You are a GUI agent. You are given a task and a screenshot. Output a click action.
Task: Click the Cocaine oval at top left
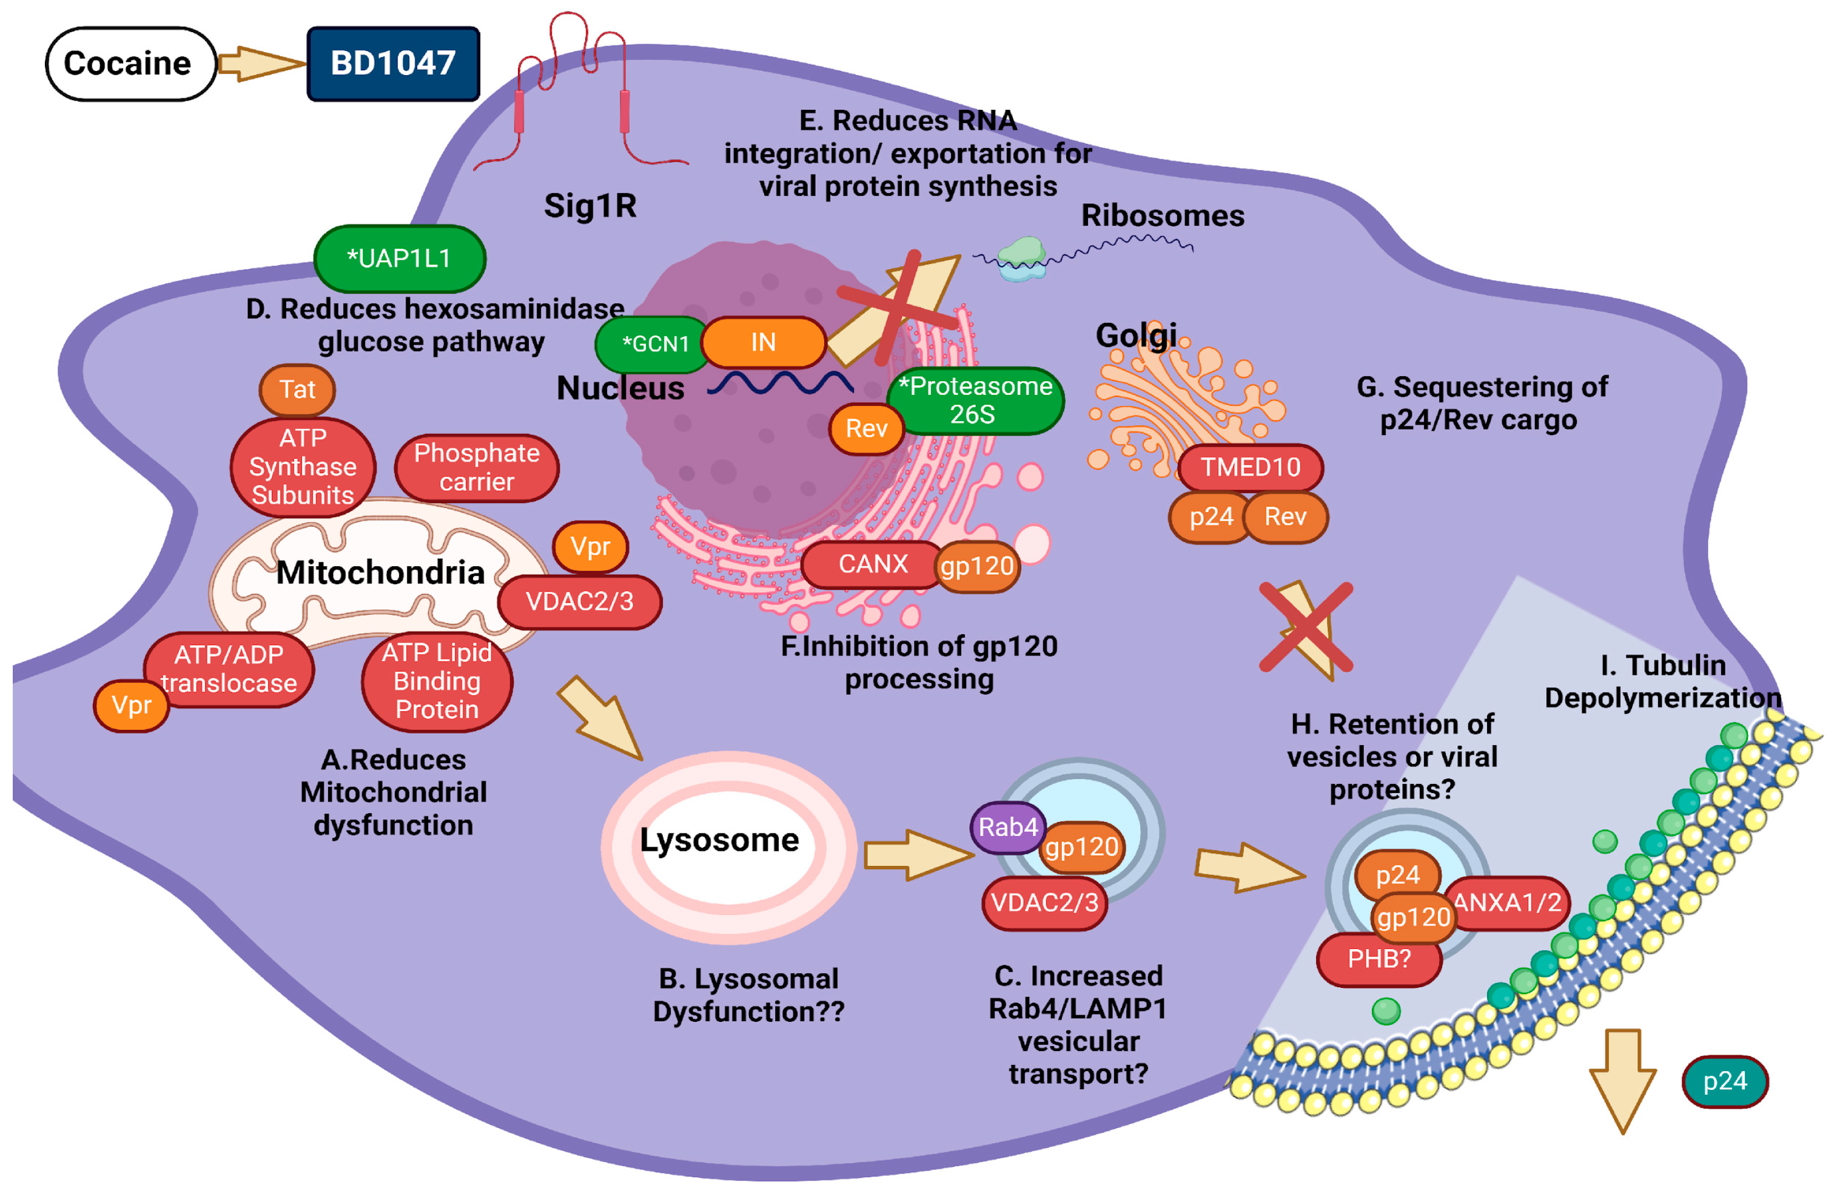pos(130,63)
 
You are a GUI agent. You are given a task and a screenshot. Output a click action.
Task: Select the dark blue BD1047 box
pos(393,63)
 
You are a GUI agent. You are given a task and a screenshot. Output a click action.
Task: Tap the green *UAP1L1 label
pos(399,258)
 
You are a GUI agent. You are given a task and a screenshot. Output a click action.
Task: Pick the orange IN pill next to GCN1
pos(762,342)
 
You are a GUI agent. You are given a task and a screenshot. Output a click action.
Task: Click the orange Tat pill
pos(297,389)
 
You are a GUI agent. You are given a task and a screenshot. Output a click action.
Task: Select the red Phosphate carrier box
pos(476,467)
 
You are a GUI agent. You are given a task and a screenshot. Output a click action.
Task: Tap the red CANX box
pos(872,564)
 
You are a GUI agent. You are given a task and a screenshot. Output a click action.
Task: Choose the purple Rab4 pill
pos(1007,828)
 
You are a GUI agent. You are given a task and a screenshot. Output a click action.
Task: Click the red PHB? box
pos(1379,959)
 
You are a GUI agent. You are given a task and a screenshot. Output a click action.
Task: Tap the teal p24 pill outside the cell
pos(1724,1081)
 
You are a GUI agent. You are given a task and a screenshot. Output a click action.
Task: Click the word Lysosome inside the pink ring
pos(719,840)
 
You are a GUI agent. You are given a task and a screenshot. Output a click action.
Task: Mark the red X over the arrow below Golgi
pos(1306,627)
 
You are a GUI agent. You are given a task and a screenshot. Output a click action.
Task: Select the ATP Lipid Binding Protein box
pos(437,681)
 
